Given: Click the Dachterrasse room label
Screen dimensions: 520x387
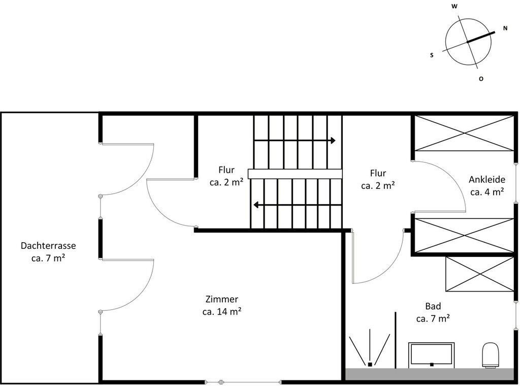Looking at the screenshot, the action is (48, 246).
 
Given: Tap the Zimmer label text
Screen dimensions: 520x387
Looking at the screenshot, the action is (222, 299).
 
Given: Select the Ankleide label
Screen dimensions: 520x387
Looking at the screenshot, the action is (487, 179).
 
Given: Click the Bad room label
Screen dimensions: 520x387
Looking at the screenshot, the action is (433, 306).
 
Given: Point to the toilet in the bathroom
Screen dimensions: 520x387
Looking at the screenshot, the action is (491, 355).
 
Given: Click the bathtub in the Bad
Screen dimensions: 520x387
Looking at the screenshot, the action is (432, 355).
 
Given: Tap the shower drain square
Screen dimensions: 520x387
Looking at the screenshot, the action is (370, 365).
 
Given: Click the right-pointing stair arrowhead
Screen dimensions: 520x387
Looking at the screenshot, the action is (333, 140).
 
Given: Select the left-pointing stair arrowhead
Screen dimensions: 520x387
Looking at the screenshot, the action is (256, 205).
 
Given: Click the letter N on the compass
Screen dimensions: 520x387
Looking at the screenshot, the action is (505, 28).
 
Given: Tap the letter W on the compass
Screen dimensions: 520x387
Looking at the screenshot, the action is (454, 6).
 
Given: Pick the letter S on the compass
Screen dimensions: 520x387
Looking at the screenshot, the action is (432, 55).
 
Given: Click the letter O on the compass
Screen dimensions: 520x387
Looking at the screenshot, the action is (481, 79).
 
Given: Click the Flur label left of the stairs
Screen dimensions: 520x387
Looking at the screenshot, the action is (226, 170).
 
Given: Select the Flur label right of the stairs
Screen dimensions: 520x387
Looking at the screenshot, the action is (378, 173).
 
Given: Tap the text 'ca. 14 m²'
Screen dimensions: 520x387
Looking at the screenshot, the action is (222, 312).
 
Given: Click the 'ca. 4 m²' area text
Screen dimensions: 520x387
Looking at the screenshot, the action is (487, 192).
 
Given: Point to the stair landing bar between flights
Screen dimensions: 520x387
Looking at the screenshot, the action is (295, 174).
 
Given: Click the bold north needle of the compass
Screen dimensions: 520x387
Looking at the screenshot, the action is (481, 37).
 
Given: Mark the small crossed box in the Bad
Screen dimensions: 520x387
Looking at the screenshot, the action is (479, 274).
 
